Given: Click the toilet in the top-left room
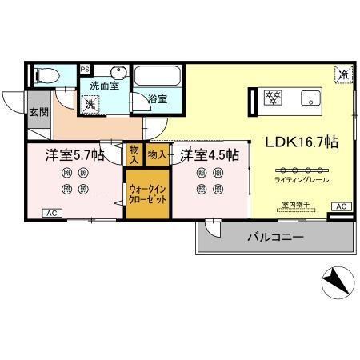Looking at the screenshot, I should click(46, 77).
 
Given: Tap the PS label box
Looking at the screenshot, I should click(84, 70).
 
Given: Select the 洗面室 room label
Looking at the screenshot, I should click(104, 85).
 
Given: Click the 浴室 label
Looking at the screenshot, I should click(158, 99).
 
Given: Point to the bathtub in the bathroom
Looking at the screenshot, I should click(158, 78).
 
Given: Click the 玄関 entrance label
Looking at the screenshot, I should click(38, 111).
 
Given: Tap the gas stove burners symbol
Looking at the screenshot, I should click(274, 99).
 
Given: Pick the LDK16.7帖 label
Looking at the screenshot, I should click(302, 142).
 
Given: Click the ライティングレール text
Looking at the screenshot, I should click(301, 180).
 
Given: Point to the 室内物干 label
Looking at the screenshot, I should click(296, 206).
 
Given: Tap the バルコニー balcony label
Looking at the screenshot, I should click(274, 237).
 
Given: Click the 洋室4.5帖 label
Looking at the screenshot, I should click(210, 154).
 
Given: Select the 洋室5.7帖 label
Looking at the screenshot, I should click(74, 154).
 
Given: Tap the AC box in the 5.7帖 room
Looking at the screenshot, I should click(50, 213).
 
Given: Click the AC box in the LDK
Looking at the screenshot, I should click(341, 206).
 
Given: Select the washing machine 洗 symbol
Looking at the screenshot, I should click(91, 103).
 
